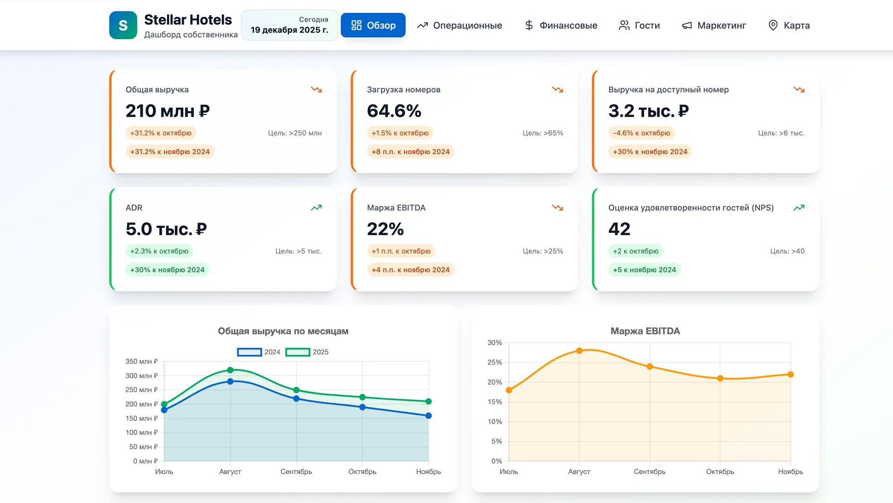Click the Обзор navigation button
click(373, 25)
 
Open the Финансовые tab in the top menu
click(561, 25)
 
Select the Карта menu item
click(789, 25)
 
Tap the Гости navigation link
click(640, 25)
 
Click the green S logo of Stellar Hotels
click(123, 25)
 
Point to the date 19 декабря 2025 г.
click(289, 30)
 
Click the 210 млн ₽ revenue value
click(167, 111)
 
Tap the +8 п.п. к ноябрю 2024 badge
click(410, 152)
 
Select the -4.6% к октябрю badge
click(641, 133)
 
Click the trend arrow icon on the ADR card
click(316, 208)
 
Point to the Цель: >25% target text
click(543, 251)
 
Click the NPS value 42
click(619, 229)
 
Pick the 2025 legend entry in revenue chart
click(307, 352)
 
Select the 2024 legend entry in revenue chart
click(259, 352)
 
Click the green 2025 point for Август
click(230, 370)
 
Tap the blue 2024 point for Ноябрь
click(428, 416)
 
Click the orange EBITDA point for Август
click(579, 351)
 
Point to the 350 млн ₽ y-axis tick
click(141, 361)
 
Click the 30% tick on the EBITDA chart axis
click(494, 343)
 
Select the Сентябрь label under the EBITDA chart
click(649, 472)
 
